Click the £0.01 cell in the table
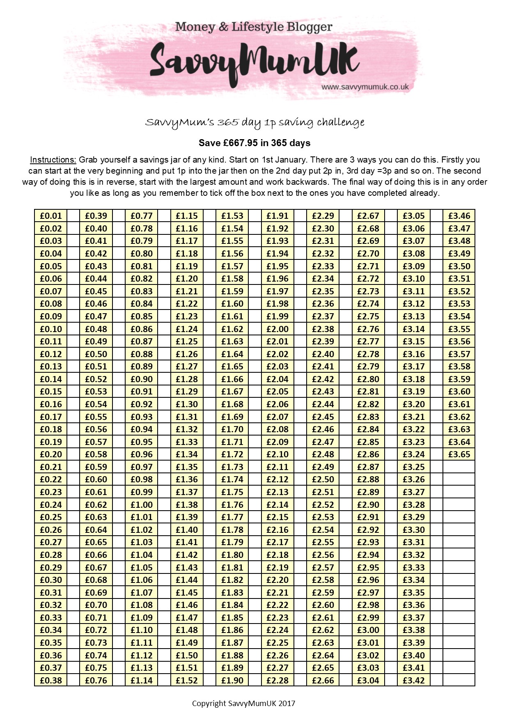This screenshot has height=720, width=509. tap(51, 216)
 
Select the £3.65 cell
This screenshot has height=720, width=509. tap(459, 454)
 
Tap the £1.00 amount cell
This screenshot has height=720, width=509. tap(142, 504)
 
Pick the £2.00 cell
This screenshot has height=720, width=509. tap(277, 329)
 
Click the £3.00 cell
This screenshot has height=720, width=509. tap(368, 630)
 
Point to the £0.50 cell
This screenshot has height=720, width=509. tap(96, 354)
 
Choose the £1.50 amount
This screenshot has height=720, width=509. tap(187, 655)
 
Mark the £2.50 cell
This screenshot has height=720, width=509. tap(323, 479)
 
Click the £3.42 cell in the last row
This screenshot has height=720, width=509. tap(414, 680)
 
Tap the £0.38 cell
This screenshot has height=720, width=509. tap(51, 680)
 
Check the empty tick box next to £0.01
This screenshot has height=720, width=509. tap(73, 216)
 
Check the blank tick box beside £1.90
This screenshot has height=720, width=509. tap(255, 680)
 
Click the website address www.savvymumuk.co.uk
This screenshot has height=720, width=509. tap(365, 87)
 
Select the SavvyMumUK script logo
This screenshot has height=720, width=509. tap(254, 62)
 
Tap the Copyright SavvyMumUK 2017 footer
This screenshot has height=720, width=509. tap(244, 704)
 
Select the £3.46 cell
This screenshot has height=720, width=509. tap(459, 216)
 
